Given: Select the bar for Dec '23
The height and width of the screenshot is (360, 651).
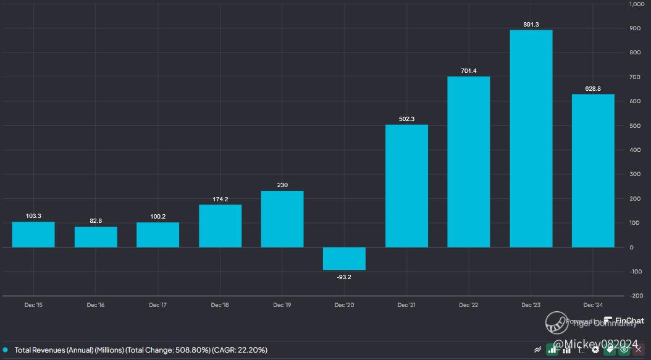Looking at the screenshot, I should click(531, 139).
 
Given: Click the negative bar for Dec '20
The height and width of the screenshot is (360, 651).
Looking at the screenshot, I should click(344, 258).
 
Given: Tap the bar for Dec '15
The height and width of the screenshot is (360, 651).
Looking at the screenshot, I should click(33, 235).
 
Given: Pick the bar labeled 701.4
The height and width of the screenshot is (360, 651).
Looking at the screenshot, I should click(469, 162).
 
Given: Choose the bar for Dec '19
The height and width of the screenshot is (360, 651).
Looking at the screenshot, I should click(282, 219).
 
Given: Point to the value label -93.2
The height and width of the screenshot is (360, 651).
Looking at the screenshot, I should click(344, 277).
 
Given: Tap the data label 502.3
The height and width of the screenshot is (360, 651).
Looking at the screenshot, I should click(406, 119).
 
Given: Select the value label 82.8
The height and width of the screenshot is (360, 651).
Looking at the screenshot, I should click(96, 220).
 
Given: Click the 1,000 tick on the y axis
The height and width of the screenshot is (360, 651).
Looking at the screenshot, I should click(637, 4).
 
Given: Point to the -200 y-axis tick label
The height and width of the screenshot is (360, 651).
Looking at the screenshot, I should click(637, 296).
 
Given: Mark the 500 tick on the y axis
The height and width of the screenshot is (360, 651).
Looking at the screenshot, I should click(636, 126).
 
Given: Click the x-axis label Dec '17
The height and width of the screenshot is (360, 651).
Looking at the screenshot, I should click(158, 305).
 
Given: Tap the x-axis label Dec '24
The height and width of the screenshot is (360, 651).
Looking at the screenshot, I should click(593, 305).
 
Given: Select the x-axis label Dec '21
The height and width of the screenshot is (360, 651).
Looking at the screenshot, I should click(406, 305).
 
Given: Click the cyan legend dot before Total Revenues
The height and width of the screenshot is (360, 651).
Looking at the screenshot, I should click(5, 350).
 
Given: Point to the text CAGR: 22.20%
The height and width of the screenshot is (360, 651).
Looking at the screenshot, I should click(240, 350).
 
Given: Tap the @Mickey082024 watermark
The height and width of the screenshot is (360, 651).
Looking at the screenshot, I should click(595, 343).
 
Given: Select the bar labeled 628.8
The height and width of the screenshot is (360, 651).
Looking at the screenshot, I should click(593, 170).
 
